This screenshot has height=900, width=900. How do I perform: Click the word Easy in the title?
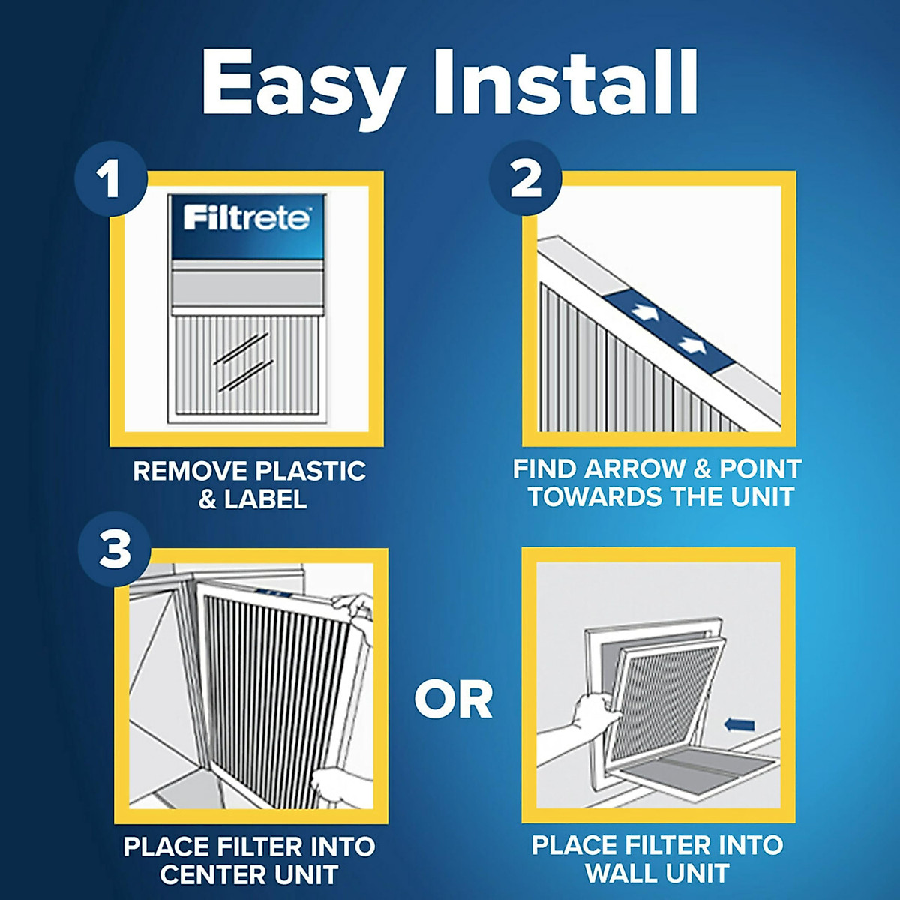303,84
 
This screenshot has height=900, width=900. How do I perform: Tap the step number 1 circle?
111,181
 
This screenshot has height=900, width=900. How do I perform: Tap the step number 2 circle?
525,180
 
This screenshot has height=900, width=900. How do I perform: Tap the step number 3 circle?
115,550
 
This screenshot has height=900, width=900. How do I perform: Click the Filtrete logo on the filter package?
247,218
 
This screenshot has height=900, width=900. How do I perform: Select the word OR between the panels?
453,700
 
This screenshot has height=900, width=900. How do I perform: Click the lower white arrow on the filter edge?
691,345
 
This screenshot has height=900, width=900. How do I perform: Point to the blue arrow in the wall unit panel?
740,724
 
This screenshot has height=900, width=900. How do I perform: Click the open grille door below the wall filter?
691,773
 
